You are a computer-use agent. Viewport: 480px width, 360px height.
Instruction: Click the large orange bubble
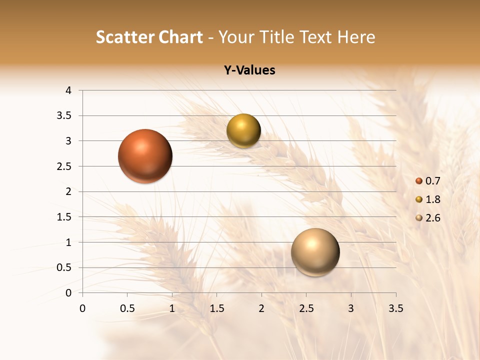click(x=145, y=156)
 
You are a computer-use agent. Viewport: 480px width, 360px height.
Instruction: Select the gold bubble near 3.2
click(x=243, y=131)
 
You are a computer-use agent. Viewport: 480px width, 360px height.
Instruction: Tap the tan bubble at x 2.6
click(x=315, y=252)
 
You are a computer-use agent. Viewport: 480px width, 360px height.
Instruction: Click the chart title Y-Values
click(x=249, y=70)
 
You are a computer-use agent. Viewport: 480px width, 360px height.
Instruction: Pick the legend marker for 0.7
click(x=419, y=181)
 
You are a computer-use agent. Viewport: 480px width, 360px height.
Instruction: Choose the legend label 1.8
click(x=432, y=199)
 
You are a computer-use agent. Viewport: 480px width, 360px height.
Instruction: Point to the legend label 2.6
click(x=432, y=218)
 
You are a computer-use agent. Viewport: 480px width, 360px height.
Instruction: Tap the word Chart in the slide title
click(x=180, y=37)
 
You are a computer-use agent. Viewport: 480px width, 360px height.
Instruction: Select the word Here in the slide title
click(x=356, y=37)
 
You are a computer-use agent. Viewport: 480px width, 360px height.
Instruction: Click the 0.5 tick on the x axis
click(x=127, y=308)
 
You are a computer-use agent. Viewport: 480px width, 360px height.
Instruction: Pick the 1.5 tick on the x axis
click(x=216, y=308)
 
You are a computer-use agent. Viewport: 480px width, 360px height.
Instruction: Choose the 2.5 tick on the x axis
click(x=306, y=308)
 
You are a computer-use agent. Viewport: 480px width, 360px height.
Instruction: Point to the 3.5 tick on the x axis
click(x=395, y=308)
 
